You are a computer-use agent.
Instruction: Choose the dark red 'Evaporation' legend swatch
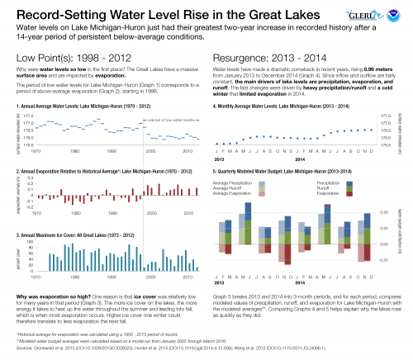pyautogui.click(x=349, y=192)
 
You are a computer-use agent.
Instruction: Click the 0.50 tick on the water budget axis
pyautogui.click(x=386, y=211)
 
